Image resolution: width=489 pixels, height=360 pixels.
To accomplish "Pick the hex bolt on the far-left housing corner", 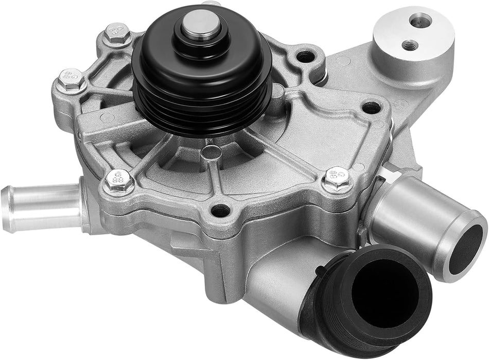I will pyautogui.click(x=69, y=80).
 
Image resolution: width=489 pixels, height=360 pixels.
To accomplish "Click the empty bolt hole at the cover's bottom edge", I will pyautogui.click(x=220, y=210).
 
